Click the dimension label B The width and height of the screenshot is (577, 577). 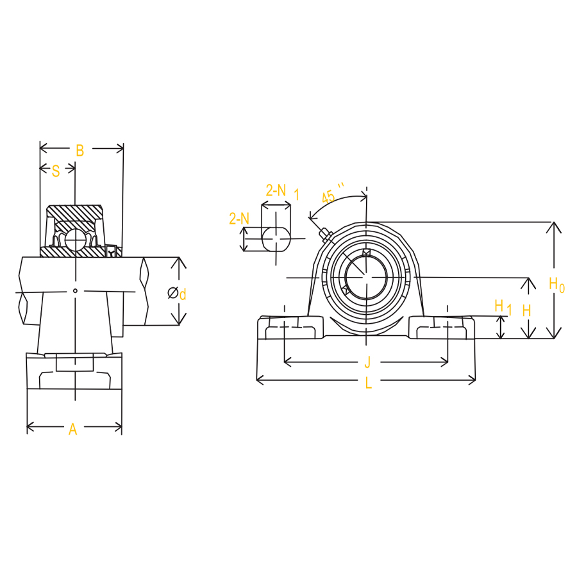80,151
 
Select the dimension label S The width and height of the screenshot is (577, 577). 56,171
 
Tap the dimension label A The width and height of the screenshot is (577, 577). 73,430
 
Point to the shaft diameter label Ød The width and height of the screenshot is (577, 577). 177,294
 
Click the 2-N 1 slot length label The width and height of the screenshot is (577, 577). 282,192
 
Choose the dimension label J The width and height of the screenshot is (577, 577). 367,362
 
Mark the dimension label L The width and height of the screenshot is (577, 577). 369,383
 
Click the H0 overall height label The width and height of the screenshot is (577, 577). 556,285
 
